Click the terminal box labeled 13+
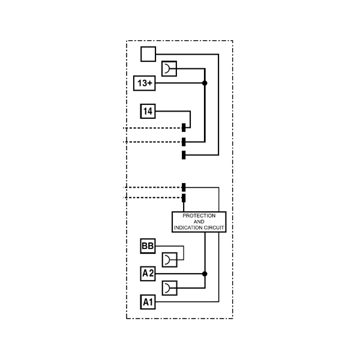[x=145, y=83]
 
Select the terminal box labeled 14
[x=148, y=111]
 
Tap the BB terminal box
[x=148, y=246]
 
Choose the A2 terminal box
[x=148, y=274]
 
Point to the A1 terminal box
[x=148, y=302]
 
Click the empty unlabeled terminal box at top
[x=148, y=54]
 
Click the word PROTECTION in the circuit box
[x=199, y=216]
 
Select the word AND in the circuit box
[x=199, y=222]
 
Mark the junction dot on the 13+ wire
[x=205, y=83]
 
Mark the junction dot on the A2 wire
[x=205, y=274]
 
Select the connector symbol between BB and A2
[x=169, y=260]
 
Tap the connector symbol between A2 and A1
[x=169, y=288]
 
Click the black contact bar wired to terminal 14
[x=184, y=128]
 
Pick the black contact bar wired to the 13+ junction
[x=184, y=142]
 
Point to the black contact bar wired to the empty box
[x=184, y=155]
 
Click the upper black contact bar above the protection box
[x=184, y=188]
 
